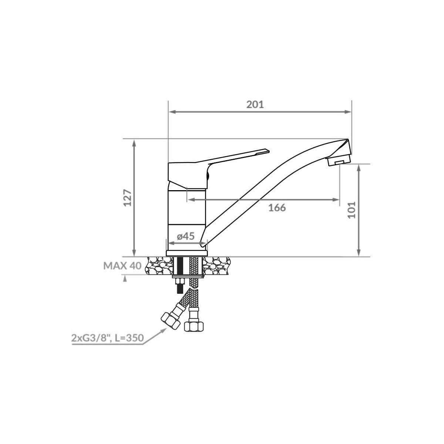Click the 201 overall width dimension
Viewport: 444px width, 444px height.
coord(255,105)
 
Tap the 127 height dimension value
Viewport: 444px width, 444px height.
coord(128,198)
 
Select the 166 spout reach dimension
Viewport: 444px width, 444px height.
coord(277,208)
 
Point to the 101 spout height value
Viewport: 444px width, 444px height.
coord(351,210)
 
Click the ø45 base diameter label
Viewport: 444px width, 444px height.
coord(186,236)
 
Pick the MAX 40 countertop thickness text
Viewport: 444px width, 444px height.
coord(122,266)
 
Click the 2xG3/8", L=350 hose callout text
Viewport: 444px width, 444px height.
coord(108,338)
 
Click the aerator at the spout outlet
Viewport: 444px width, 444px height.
coord(339,161)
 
